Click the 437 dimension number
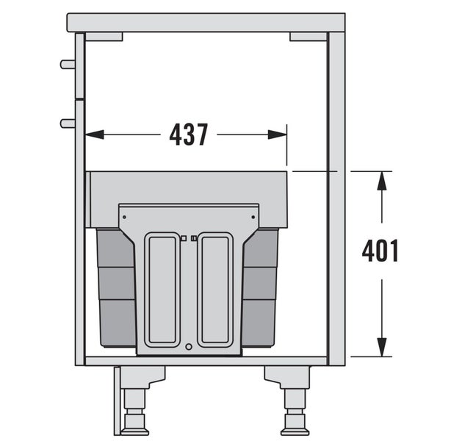[188, 135]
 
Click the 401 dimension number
[380, 251]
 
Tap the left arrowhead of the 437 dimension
[94, 135]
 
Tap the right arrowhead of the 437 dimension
[277, 135]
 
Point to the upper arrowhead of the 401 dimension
[382, 181]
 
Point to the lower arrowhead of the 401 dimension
[382, 348]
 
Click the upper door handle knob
[68, 64]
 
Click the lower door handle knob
[68, 123]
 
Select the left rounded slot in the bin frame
[162, 290]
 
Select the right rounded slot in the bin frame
[215, 290]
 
